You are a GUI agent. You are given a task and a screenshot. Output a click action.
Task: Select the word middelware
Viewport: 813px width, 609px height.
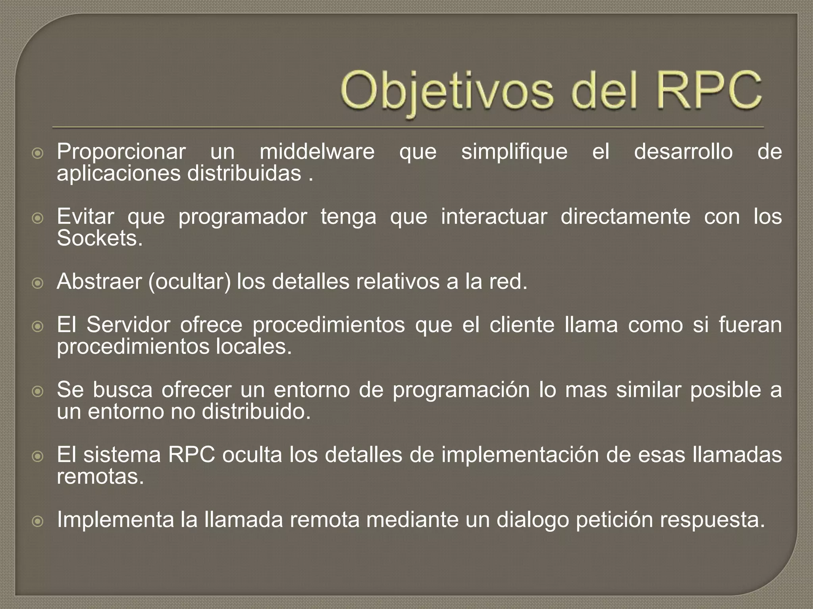[317, 152]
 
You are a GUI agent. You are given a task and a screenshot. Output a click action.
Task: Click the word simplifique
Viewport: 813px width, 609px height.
[514, 152]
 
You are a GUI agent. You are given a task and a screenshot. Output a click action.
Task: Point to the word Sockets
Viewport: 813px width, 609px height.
[99, 239]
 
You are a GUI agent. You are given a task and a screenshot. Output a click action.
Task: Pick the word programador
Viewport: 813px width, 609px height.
[243, 217]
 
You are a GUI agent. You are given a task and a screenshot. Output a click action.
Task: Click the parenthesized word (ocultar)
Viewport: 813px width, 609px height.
[189, 282]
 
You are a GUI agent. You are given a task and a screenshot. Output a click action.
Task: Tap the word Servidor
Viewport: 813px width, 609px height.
[128, 325]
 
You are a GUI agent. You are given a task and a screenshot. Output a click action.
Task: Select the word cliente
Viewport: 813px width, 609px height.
[522, 325]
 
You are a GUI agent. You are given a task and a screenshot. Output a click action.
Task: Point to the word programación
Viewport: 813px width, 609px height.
[461, 390]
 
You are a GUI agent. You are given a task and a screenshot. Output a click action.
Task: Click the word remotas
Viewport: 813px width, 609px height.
[100, 477]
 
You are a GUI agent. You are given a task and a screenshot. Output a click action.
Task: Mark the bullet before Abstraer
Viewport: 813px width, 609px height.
[37, 283]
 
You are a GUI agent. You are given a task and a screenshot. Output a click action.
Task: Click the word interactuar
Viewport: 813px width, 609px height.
[494, 217]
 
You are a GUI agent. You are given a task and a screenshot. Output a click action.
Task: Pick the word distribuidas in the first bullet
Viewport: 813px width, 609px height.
[244, 174]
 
